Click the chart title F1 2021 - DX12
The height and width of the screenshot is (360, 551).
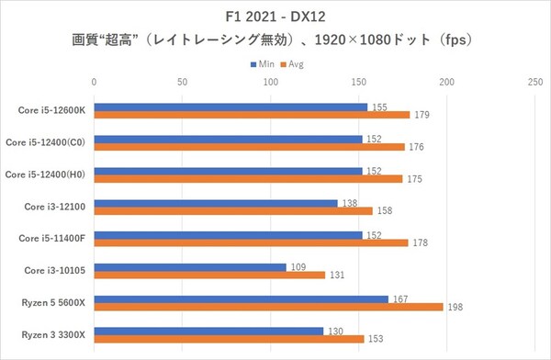point(275,17)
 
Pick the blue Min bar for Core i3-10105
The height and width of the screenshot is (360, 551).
point(190,267)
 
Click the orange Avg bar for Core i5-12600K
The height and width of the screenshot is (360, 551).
point(252,115)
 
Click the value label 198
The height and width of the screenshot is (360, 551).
point(455,308)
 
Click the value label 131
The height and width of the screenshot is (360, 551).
point(337,276)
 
